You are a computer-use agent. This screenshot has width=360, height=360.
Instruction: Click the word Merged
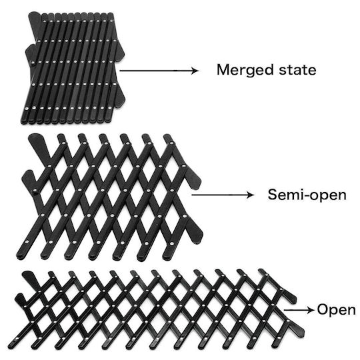click(x=245, y=70)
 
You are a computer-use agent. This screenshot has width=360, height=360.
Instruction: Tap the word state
click(x=297, y=70)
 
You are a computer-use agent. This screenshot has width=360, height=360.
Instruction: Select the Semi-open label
click(x=307, y=195)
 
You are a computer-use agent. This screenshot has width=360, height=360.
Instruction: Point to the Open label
click(x=337, y=310)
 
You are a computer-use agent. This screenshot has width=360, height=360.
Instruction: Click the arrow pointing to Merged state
click(x=159, y=71)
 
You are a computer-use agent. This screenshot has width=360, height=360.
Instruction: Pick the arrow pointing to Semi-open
click(x=223, y=195)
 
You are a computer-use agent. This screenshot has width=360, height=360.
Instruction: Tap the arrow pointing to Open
click(x=299, y=310)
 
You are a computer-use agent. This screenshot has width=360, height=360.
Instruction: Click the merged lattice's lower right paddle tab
click(x=119, y=97)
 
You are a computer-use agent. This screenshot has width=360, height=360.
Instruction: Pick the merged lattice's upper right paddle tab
click(x=119, y=51)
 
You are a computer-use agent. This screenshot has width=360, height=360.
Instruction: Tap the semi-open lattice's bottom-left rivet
click(x=27, y=242)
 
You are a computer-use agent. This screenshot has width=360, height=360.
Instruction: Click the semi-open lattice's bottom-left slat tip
click(x=19, y=255)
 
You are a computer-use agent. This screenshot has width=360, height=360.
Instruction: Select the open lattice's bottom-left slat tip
click(x=11, y=346)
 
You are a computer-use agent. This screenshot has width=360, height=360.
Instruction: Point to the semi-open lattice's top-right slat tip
click(x=167, y=136)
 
